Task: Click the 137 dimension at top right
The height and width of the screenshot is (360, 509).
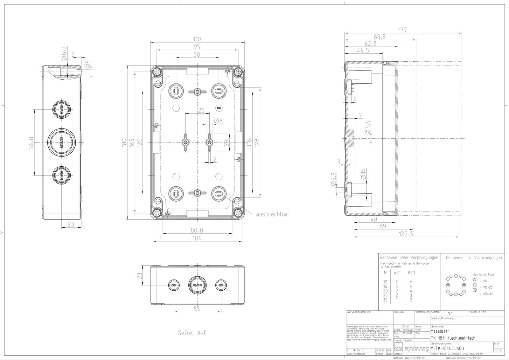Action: [x=403, y=30]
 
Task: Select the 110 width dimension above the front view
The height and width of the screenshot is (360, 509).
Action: [x=197, y=39]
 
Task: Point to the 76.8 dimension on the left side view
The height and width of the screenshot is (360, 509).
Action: [x=31, y=141]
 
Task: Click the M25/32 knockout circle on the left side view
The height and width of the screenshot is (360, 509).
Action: [x=61, y=142]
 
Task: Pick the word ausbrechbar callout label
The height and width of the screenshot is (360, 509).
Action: [x=273, y=214]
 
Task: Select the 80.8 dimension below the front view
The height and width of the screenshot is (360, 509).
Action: [x=197, y=230]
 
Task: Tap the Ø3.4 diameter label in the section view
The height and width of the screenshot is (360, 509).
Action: [x=367, y=128]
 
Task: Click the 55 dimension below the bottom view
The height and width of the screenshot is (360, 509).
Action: [x=197, y=308]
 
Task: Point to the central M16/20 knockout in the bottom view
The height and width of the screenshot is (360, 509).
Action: [x=198, y=285]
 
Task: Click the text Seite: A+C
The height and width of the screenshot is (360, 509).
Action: [x=192, y=333]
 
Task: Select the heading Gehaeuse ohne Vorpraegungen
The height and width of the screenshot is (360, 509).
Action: [x=408, y=257]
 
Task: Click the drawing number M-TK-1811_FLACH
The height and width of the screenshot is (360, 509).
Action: [x=447, y=348]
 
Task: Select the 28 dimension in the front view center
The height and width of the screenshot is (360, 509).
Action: [x=201, y=110]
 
